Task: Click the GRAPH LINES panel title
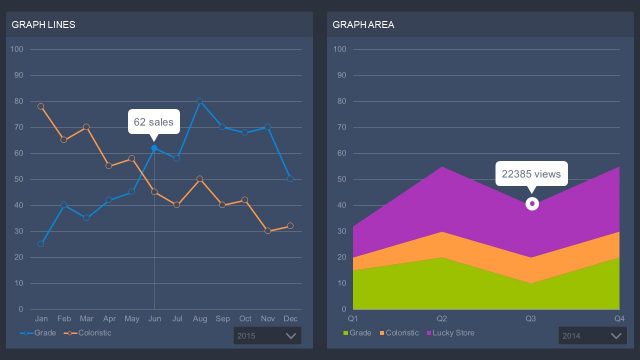pos(43,24)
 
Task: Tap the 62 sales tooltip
pos(154,122)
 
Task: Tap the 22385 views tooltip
pos(532,174)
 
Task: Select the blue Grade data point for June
pos(154,148)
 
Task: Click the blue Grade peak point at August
pos(200,101)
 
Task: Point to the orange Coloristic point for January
pos(41,106)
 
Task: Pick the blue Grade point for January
pos(41,243)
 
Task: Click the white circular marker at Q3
pos(532,203)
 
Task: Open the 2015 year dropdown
pos(267,336)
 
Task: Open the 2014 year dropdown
pos(591,336)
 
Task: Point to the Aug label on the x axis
pos(200,317)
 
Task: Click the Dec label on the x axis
pos(290,317)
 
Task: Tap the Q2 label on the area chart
pos(442,317)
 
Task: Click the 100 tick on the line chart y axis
pos(17,49)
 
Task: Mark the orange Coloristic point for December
pos(290,226)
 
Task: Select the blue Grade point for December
pos(290,179)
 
